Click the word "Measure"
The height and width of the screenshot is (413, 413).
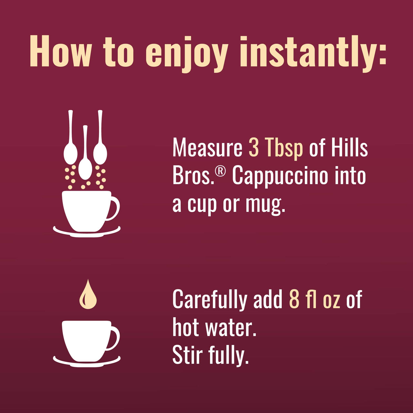click(x=207, y=148)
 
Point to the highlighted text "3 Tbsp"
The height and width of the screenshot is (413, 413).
click(x=276, y=149)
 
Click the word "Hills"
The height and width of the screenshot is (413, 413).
click(x=349, y=148)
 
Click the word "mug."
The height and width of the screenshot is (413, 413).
click(x=265, y=205)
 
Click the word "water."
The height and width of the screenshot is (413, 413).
click(x=231, y=327)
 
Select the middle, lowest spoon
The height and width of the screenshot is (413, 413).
click(x=85, y=168)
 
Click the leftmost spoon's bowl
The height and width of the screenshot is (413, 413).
click(x=70, y=154)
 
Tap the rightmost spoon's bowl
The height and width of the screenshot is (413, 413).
click(x=100, y=154)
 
